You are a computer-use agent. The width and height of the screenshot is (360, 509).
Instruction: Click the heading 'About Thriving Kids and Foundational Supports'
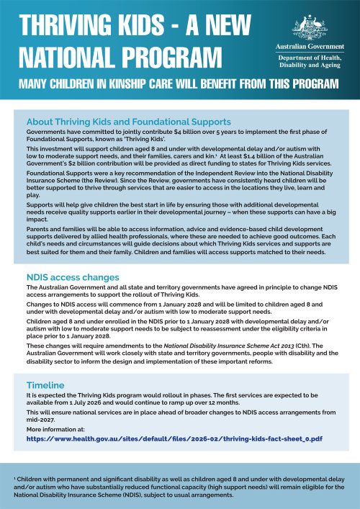point(128,122)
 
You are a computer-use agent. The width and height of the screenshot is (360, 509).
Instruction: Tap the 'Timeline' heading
point(48,386)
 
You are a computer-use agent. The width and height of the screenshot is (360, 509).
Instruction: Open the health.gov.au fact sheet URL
point(184,437)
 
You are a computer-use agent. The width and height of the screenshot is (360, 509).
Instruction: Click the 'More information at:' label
point(54,428)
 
